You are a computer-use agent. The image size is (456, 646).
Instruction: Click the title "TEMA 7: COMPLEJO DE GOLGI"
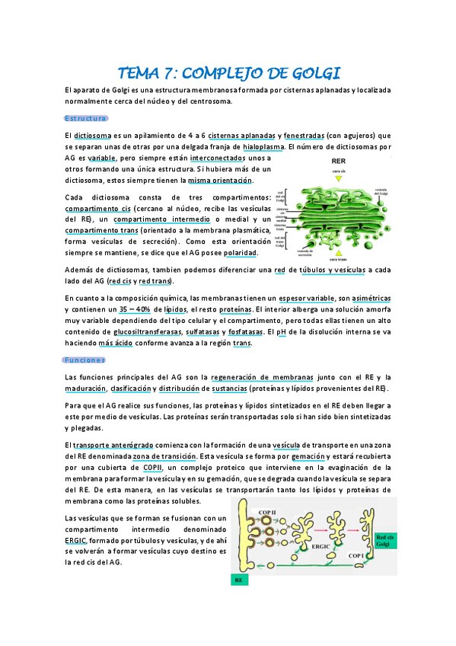[228, 73]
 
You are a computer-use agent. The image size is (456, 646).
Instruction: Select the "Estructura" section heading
[86, 118]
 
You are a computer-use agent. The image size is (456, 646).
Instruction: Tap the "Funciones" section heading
[85, 360]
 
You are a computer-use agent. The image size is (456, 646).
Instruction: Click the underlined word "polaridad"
[241, 252]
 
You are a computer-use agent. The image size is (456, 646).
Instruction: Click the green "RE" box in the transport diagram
[239, 580]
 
